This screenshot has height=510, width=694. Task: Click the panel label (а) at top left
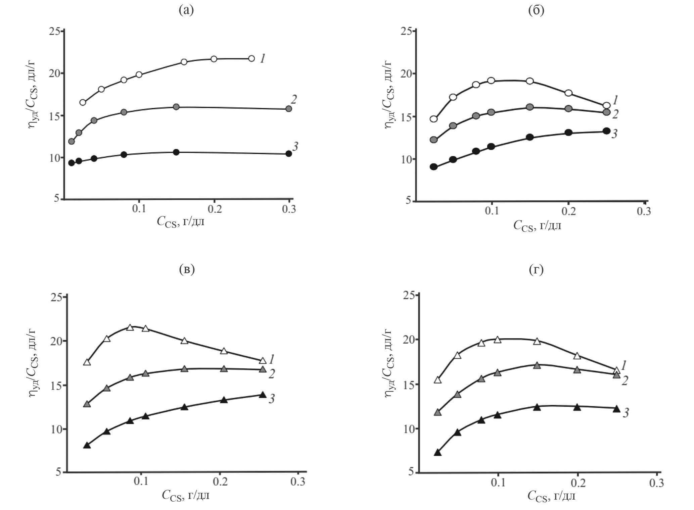186,11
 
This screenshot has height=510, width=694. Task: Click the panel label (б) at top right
536,11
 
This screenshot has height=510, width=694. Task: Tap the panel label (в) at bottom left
187,270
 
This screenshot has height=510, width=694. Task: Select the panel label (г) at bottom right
536,270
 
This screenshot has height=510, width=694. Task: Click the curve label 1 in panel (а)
263,59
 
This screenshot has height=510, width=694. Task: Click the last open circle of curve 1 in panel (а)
251,58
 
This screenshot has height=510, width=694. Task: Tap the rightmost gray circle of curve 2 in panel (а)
288,109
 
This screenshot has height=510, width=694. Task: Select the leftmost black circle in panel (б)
433,167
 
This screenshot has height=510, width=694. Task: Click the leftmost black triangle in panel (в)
87,445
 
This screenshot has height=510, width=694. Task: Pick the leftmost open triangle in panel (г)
437,380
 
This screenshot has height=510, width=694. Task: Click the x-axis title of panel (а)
180,222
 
